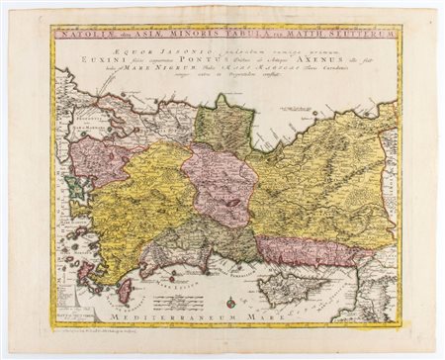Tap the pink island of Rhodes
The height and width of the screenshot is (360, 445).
(124, 291)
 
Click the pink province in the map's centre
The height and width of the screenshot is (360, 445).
(220, 183)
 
